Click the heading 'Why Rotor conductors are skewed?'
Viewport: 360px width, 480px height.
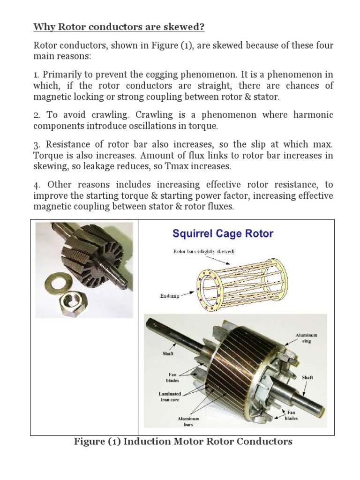[x=119, y=27]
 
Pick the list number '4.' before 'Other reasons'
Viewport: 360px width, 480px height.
[x=37, y=184]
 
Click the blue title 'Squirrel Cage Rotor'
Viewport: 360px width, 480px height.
[x=223, y=233]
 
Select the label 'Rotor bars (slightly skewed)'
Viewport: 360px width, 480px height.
[x=204, y=252]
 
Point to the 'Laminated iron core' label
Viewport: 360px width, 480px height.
[x=170, y=397]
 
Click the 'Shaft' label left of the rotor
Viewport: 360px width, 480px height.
[x=168, y=354]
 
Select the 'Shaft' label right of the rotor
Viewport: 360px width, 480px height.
[x=308, y=377]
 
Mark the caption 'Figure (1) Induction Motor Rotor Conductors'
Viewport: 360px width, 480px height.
[x=183, y=442]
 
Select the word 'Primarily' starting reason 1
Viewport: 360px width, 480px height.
[x=61, y=75]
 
